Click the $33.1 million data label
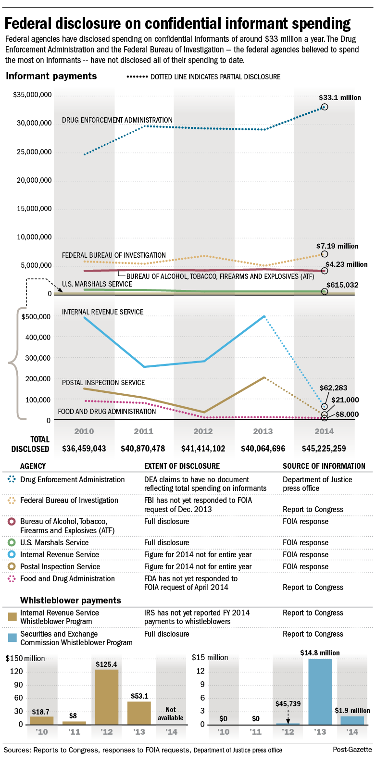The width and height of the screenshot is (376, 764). pos(339,98)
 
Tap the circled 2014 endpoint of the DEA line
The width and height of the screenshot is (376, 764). pos(325,107)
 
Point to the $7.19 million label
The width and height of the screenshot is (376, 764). pos(337,246)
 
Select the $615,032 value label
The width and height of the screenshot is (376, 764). pos(342,285)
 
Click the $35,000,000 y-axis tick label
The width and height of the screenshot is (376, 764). pos(32,95)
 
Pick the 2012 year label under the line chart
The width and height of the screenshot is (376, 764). pos(203,431)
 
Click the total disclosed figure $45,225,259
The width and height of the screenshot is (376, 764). pos(324,449)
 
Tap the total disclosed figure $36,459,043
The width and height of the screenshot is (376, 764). pos(84,449)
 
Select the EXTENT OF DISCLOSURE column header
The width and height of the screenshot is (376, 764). pos(182,466)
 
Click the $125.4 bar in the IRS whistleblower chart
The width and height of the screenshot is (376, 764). pos(107,697)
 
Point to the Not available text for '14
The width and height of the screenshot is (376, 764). pos(171,714)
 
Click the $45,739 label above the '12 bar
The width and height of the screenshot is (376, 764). pos(288,704)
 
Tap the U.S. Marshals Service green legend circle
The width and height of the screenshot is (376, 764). pos(12,542)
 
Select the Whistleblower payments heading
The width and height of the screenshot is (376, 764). pos(71,600)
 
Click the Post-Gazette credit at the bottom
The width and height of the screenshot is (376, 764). pos(352,750)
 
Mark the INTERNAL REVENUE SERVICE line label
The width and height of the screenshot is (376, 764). pos(102,312)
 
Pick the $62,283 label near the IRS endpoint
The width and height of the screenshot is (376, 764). pos(333,388)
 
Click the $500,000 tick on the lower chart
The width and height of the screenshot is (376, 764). pos(36,317)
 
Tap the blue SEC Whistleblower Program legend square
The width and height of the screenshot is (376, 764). pos(13,638)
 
